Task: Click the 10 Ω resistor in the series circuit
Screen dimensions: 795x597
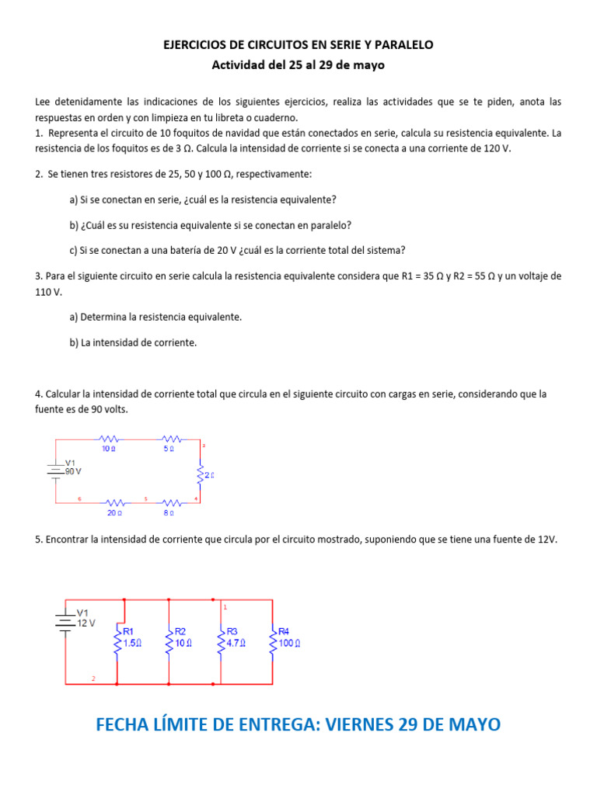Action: point(109,439)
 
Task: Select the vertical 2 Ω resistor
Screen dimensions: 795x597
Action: point(200,473)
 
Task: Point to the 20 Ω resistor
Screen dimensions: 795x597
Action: point(114,502)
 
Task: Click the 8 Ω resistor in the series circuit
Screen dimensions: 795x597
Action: point(169,502)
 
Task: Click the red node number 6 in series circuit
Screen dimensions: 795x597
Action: point(79,498)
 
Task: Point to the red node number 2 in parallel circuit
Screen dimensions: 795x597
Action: point(93,679)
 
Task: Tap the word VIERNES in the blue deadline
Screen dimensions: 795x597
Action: point(361,724)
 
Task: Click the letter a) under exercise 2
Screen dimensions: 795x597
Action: point(74,200)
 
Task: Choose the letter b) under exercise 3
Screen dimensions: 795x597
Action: point(74,342)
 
